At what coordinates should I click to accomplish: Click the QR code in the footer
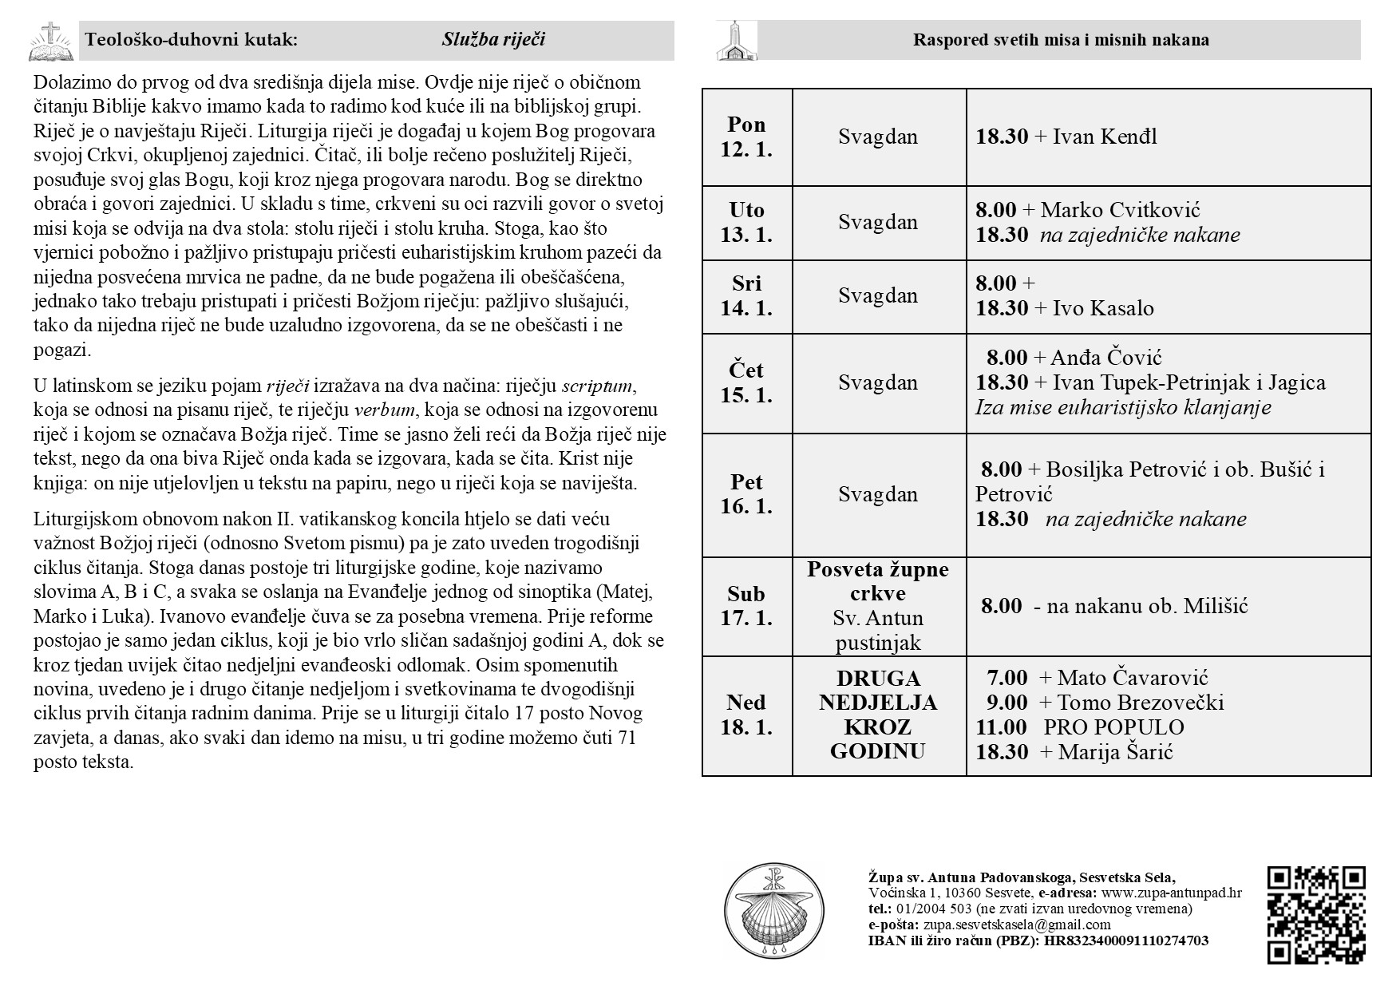tap(1315, 915)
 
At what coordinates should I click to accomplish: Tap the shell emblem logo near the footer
tap(772, 910)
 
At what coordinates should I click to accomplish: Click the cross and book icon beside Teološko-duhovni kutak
tap(51, 42)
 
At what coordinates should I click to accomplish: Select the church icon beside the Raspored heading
tap(736, 42)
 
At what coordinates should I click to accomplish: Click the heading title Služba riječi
tap(493, 40)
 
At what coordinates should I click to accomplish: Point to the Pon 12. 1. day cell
tap(747, 137)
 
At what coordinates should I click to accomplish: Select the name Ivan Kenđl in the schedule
tap(1105, 137)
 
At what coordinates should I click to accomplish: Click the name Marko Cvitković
tap(1120, 210)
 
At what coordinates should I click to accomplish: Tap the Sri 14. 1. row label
tap(747, 295)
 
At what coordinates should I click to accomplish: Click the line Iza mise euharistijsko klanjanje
tap(1123, 407)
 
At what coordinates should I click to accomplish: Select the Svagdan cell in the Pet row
tap(878, 494)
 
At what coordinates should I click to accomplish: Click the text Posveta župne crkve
tap(878, 581)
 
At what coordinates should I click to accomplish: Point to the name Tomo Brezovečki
tap(1140, 703)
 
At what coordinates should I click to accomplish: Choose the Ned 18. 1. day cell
tap(747, 715)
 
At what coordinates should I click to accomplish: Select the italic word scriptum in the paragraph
tap(597, 386)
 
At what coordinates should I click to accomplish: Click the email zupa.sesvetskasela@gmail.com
tap(1017, 925)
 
